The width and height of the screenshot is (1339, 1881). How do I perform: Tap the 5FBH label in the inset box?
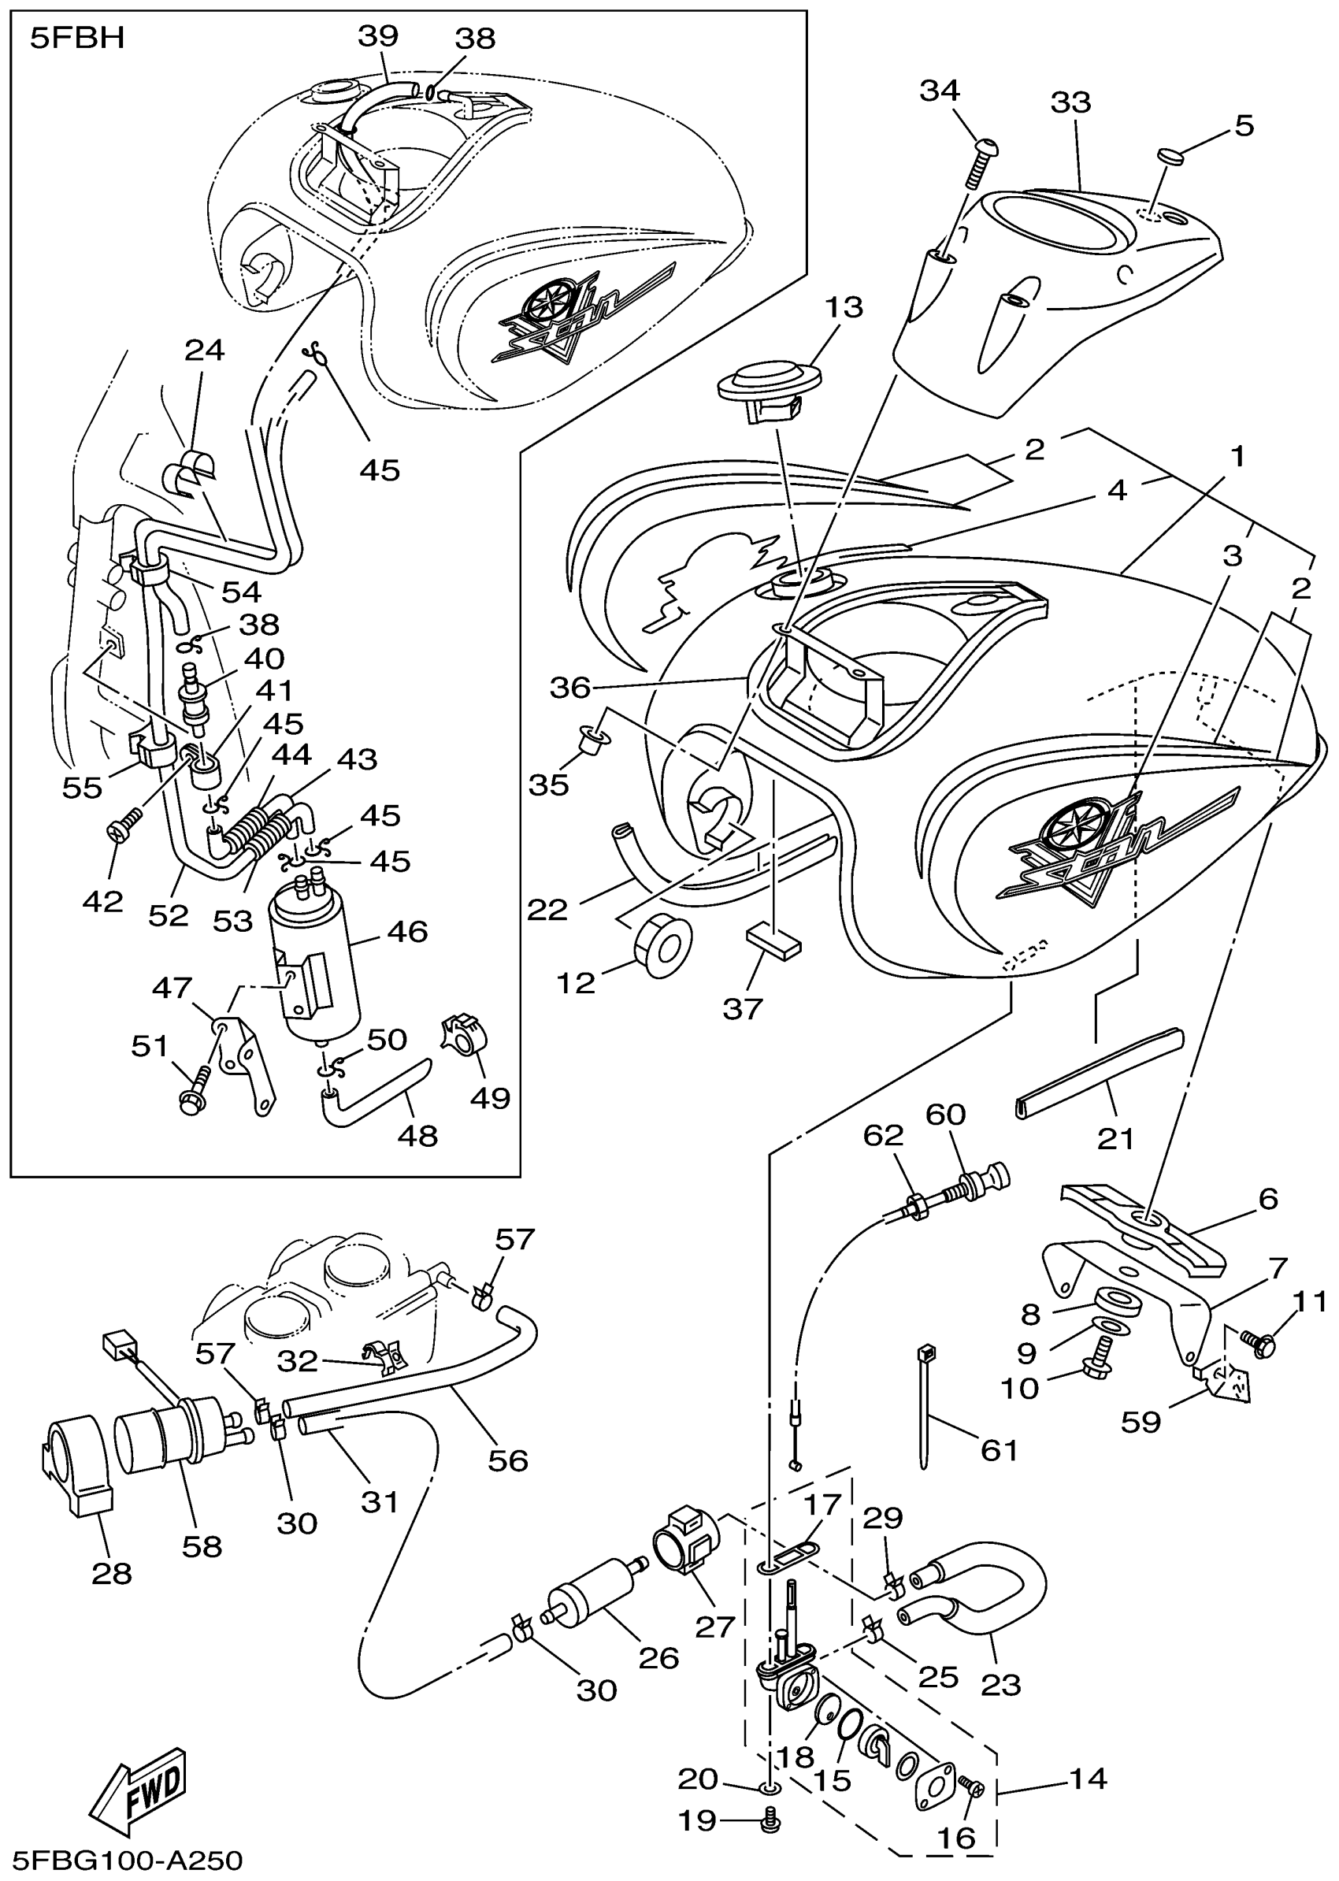click(76, 39)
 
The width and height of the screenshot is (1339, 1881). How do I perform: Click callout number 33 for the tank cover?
click(1070, 103)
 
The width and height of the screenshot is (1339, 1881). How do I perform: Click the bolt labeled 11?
click(1257, 1343)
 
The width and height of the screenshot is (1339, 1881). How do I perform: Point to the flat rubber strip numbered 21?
click(1097, 1068)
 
